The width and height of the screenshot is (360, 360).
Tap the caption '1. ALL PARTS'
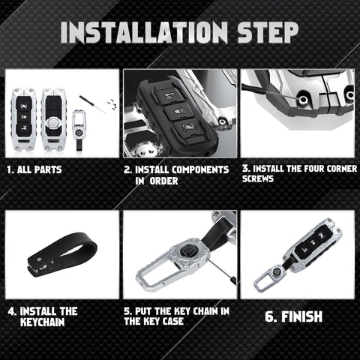[34, 170]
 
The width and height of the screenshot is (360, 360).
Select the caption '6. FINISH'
[294, 316]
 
